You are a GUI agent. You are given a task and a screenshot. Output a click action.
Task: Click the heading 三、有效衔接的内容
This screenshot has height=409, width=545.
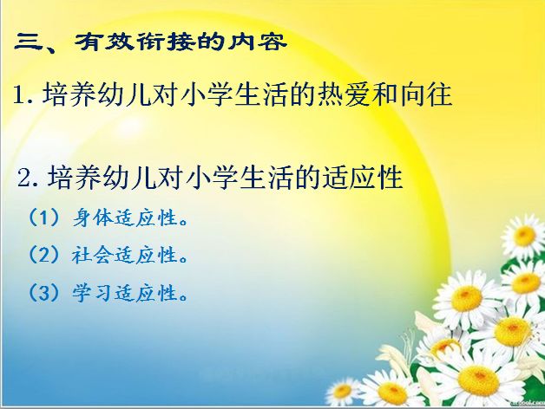pos(151,42)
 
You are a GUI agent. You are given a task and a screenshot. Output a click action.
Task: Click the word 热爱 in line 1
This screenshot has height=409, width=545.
pos(344,94)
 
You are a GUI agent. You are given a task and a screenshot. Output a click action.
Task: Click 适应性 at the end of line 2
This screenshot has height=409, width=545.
pos(363,177)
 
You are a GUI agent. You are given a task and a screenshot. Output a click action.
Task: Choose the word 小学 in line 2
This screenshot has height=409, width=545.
pos(212,177)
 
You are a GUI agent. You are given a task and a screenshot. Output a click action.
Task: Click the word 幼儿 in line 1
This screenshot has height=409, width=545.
pos(124,94)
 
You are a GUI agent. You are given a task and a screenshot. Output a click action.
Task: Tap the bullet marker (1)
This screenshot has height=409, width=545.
pos(43,218)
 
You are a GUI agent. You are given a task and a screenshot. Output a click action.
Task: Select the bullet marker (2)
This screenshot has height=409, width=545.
pos(43,255)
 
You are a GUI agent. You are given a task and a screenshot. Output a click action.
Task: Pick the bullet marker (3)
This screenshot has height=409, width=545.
pos(43,293)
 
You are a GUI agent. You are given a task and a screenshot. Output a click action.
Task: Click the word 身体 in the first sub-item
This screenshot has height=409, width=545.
pos(93,218)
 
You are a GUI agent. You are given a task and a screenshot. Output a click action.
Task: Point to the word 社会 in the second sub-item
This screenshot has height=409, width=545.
pos(93,255)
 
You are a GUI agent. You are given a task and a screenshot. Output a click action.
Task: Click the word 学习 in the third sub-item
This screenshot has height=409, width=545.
pos(93,293)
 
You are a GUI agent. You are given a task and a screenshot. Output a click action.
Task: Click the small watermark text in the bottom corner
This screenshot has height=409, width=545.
pos(529,403)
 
